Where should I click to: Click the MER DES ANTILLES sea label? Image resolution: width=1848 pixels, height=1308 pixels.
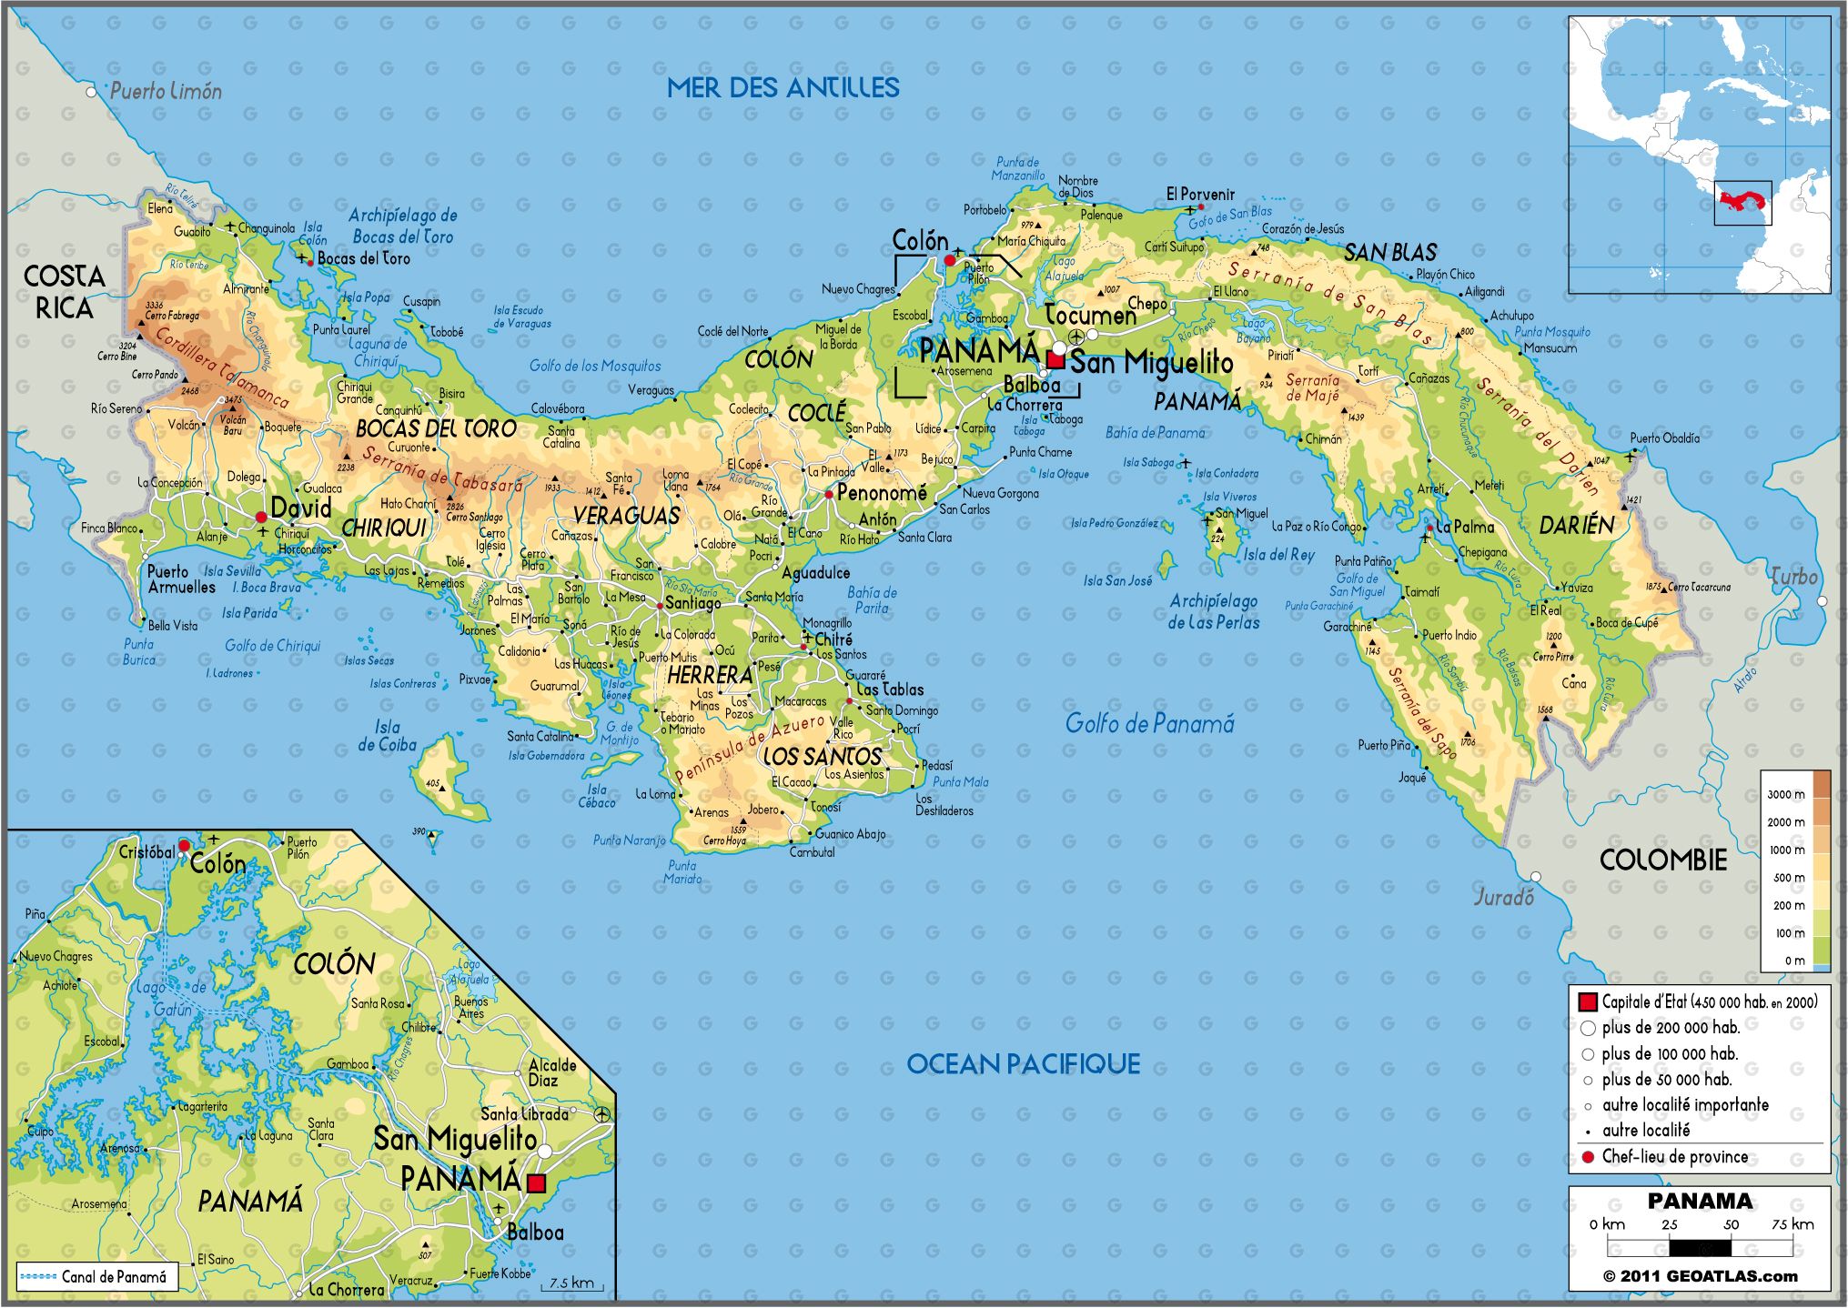783,87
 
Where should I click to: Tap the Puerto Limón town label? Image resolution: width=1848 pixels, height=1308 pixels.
166,91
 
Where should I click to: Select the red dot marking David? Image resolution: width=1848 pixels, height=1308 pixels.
261,517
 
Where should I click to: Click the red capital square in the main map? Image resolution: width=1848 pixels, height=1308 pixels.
1055,360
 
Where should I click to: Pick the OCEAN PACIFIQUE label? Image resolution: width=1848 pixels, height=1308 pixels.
1023,1064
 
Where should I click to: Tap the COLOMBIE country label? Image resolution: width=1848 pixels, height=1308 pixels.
1662,860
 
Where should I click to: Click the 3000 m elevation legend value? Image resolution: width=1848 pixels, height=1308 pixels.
1785,794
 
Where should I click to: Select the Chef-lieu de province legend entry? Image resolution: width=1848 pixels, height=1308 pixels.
1674,1157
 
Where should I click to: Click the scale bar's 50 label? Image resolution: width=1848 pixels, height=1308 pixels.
1731,1224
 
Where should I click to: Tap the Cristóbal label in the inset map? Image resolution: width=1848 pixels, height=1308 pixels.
146,852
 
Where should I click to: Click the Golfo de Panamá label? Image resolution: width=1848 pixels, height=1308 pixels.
1149,724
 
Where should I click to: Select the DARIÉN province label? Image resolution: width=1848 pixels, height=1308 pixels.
1576,525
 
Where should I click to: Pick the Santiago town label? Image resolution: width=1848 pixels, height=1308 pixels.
692,603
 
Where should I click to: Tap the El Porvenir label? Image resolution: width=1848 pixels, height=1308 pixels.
1200,194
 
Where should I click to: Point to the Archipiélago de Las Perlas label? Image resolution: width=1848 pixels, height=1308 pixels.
1214,611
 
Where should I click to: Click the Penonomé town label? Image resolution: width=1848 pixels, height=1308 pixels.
881,493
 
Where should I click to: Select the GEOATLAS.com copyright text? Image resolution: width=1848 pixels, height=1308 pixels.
1700,1276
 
